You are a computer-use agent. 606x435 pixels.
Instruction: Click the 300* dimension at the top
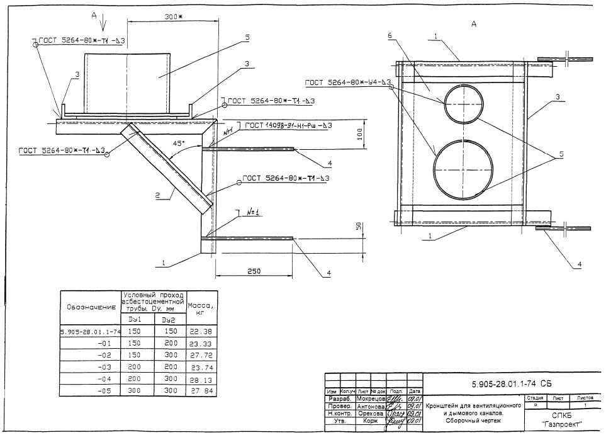172,17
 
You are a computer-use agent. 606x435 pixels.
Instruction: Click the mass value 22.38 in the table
201,331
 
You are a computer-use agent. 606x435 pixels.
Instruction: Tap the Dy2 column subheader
169,320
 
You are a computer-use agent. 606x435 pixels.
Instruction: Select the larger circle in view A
464,166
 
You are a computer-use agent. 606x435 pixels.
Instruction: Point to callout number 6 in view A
390,37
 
